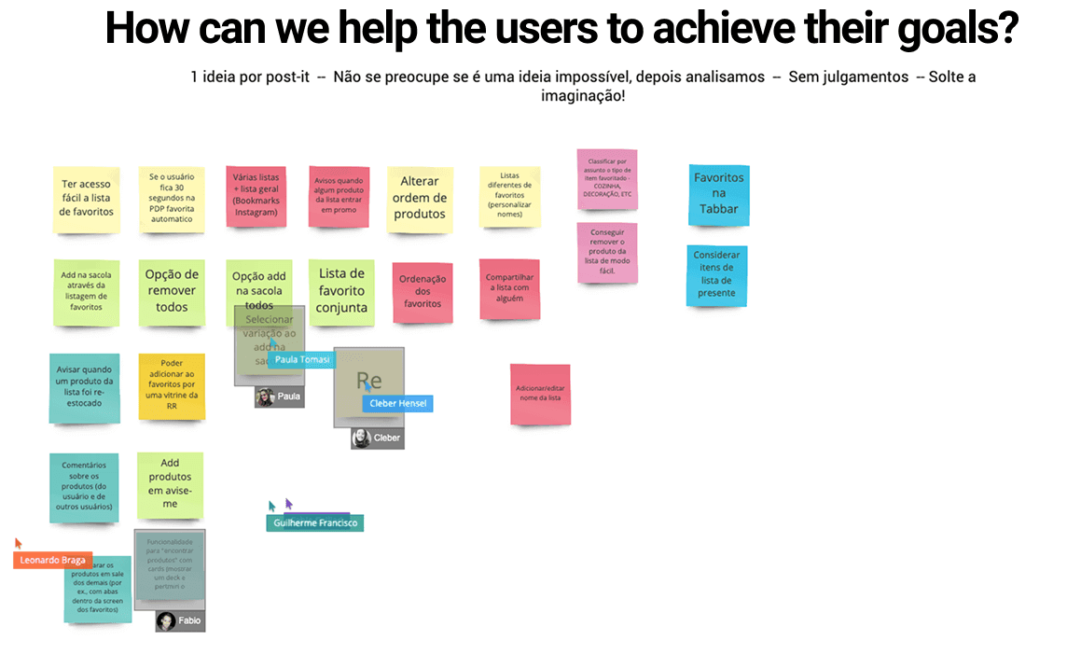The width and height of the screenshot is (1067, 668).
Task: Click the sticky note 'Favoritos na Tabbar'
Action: coord(718,194)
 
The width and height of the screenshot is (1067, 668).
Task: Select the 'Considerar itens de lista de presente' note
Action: coord(716,275)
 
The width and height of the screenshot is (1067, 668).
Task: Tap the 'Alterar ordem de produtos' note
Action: coord(420,198)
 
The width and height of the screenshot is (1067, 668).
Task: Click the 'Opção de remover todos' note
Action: coord(172,291)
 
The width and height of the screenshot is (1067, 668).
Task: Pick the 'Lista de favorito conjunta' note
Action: coord(341,291)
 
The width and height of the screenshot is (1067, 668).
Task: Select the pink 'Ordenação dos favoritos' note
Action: coord(423,291)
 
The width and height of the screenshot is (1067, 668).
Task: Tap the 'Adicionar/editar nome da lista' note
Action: coord(540,394)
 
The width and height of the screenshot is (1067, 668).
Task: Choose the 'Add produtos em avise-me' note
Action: coord(170,484)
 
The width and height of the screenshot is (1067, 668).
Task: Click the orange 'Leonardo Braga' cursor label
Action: coord(52,561)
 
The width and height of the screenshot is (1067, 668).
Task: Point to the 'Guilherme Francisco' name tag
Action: coord(315,523)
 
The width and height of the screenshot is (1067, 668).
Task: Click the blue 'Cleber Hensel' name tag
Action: coord(397,403)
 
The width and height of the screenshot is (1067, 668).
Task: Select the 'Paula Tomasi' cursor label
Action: coord(301,359)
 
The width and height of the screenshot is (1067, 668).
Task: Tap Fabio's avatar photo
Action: coord(166,620)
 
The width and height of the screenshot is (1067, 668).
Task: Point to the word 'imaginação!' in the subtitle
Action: coord(583,95)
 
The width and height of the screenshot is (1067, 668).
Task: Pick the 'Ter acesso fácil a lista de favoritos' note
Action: coord(87,198)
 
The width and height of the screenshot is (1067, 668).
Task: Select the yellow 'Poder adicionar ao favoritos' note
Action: coord(172,384)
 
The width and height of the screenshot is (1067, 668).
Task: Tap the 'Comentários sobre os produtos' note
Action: coord(84,487)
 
